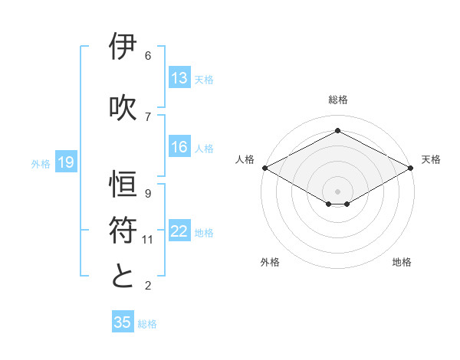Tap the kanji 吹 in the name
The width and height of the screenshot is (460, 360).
(x=123, y=107)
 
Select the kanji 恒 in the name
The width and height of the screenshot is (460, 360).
(x=123, y=184)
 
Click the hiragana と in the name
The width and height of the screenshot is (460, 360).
(x=123, y=276)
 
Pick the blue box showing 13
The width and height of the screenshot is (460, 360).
(x=179, y=78)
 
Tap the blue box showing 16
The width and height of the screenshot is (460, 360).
(x=179, y=148)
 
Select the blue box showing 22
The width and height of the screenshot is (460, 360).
(x=179, y=232)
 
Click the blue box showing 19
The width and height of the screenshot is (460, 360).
(x=65, y=162)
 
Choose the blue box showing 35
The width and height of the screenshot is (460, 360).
(x=123, y=322)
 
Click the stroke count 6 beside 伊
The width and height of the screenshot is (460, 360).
(x=148, y=56)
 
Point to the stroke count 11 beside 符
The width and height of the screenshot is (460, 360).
(x=148, y=240)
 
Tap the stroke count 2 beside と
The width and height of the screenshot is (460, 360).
(x=148, y=286)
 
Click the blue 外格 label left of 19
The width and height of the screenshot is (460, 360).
(x=41, y=163)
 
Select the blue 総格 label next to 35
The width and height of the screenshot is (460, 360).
(x=147, y=323)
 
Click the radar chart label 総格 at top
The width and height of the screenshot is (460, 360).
(x=337, y=100)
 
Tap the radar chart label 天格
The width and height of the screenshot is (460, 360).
(x=431, y=159)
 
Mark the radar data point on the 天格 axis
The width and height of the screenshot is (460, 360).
(x=411, y=168)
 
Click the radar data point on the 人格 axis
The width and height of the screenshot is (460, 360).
(x=264, y=168)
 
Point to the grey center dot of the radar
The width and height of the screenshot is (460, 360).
(x=337, y=190)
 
